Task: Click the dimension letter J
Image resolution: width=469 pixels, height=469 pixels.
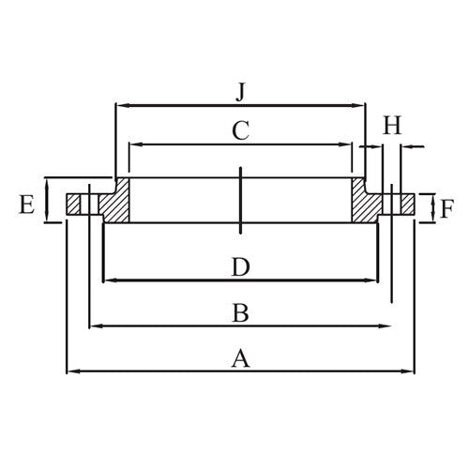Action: tap(241, 92)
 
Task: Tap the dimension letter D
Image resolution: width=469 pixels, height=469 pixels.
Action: tap(241, 266)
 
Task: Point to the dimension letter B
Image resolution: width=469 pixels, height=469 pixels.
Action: tap(241, 313)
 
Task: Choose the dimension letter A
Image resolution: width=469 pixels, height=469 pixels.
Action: tap(241, 358)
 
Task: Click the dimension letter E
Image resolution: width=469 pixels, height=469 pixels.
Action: tap(27, 203)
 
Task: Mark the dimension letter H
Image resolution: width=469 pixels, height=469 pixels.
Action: tap(392, 124)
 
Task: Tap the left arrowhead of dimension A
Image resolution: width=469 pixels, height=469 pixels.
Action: tap(71, 372)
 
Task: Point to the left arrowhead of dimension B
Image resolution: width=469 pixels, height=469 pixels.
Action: tap(94, 325)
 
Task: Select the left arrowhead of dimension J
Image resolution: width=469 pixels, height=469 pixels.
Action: tap(119, 106)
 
